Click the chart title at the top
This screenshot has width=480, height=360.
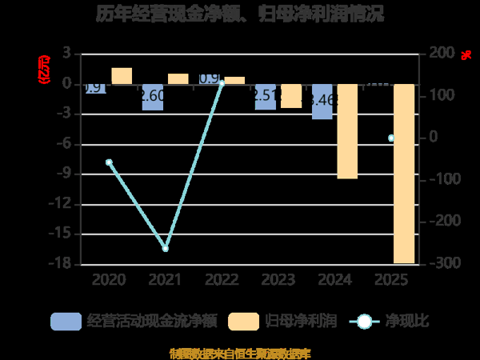click(x=240, y=14)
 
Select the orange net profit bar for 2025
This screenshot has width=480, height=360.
click(x=404, y=173)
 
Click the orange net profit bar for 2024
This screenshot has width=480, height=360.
click(x=347, y=130)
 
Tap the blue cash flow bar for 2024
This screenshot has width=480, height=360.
click(x=322, y=101)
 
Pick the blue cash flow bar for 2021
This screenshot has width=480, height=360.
click(x=153, y=97)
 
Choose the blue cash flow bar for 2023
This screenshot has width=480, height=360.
click(x=266, y=96)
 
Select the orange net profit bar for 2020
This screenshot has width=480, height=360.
click(x=122, y=76)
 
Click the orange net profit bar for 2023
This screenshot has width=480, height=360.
click(x=291, y=95)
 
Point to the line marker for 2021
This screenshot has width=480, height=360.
click(x=166, y=249)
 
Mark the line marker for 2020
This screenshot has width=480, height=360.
click(x=109, y=162)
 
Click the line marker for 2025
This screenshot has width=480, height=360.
click(x=391, y=138)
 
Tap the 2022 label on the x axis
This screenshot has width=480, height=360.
click(x=222, y=280)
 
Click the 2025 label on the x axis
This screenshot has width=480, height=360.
click(x=391, y=280)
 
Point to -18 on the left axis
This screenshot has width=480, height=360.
click(x=61, y=264)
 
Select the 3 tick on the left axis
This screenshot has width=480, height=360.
click(x=66, y=54)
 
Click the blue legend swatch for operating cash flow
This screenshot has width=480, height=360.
click(x=66, y=322)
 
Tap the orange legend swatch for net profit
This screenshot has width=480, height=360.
click(x=243, y=322)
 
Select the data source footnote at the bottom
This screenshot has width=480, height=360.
click(x=240, y=353)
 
